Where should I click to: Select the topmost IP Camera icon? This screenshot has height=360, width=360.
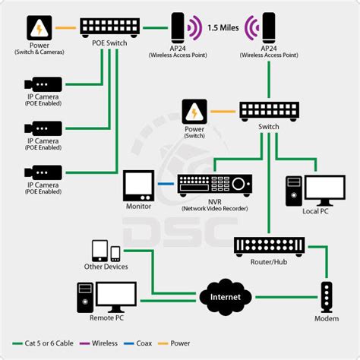pyautogui.click(x=39, y=84)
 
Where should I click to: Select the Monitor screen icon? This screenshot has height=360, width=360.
pyautogui.click(x=138, y=185)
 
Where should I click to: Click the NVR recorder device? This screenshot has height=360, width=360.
pyautogui.click(x=214, y=185)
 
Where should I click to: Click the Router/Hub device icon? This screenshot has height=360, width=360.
pyautogui.click(x=269, y=245)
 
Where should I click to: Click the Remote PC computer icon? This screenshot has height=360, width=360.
pyautogui.click(x=106, y=297)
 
